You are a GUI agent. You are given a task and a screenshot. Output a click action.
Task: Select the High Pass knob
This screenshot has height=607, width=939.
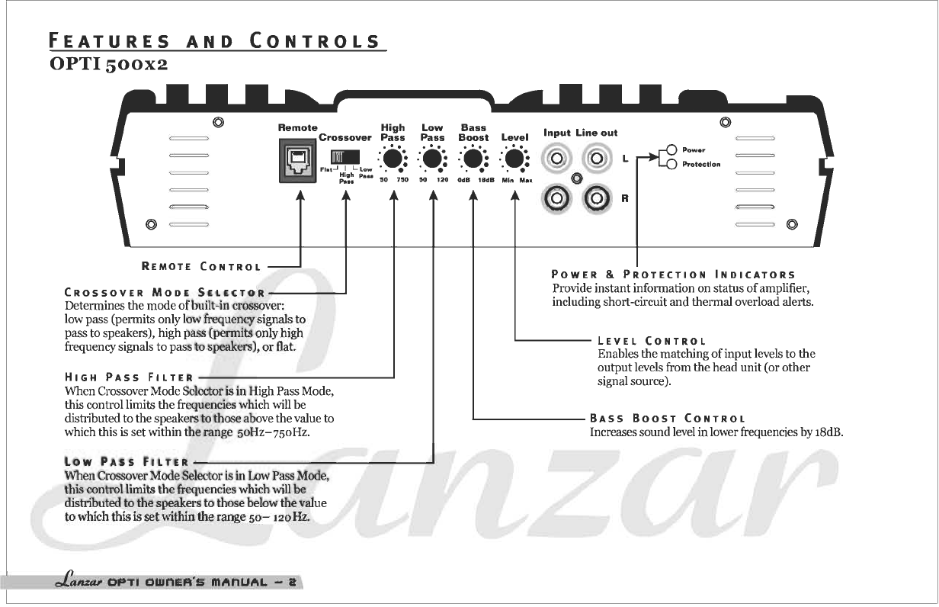(x=393, y=159)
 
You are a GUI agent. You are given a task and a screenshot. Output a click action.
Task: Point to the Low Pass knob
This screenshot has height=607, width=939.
(x=432, y=159)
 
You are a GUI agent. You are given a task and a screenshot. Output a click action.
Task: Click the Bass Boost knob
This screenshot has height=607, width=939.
(x=473, y=159)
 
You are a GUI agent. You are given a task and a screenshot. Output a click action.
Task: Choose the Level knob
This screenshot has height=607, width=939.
(x=514, y=159)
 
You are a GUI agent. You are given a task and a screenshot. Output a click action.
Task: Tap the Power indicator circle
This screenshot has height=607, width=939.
(x=671, y=149)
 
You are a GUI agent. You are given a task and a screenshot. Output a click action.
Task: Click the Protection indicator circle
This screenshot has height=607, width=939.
(x=671, y=164)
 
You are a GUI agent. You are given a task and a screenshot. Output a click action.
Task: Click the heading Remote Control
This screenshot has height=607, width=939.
(x=201, y=266)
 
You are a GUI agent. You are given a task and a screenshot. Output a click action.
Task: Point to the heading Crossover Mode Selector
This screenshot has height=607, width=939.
(x=165, y=292)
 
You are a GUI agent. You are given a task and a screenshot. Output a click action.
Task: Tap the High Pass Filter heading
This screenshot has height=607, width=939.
(x=130, y=377)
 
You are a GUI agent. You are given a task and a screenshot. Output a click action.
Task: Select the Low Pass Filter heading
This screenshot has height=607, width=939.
(x=127, y=462)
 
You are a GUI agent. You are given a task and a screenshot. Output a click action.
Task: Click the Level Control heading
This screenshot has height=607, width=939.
(x=652, y=341)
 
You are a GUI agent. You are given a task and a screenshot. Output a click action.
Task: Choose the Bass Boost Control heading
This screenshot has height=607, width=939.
(x=667, y=419)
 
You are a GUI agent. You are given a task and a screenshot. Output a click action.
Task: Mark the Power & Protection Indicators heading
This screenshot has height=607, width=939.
(x=673, y=275)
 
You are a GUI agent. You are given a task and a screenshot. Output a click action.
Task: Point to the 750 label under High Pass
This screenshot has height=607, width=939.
(x=402, y=180)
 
